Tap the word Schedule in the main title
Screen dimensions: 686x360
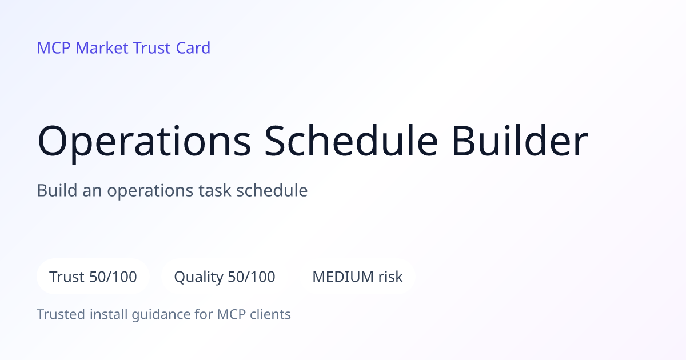coord(351,141)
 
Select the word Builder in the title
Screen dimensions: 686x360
coord(520,141)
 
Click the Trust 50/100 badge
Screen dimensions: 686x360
coord(93,277)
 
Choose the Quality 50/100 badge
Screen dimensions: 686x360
coord(225,277)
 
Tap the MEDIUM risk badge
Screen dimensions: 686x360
coord(357,277)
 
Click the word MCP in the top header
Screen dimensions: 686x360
coord(54,48)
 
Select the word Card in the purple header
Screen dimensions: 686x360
coord(193,48)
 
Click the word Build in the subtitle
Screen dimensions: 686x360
coord(57,190)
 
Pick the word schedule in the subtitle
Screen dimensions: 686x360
coord(272,190)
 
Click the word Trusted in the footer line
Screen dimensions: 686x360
coord(61,314)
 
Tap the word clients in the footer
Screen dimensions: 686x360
coord(270,314)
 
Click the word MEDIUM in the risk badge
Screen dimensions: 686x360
coord(343,277)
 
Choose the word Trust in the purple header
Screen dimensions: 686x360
coord(152,48)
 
